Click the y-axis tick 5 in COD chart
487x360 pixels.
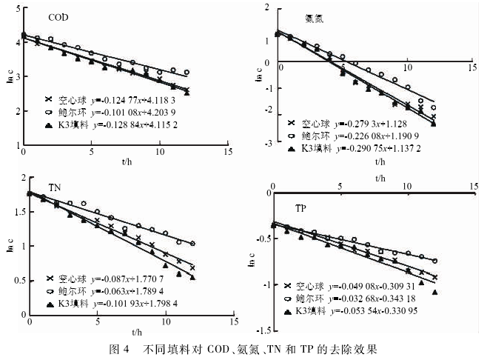[17, 7]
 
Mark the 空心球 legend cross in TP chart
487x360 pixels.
[287, 285]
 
